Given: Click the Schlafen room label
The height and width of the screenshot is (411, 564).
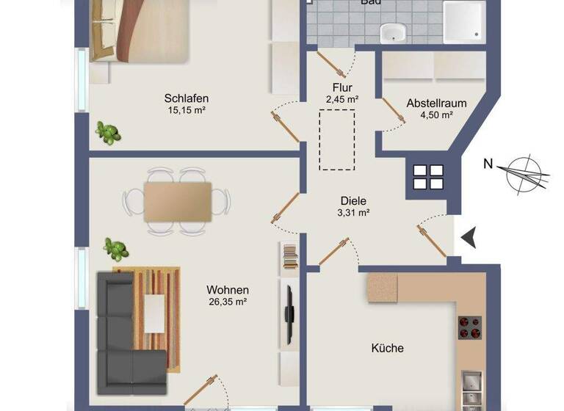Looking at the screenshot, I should pyautogui.click(x=186, y=98).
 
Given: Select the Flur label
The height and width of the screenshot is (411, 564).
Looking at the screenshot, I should pyautogui.click(x=342, y=88).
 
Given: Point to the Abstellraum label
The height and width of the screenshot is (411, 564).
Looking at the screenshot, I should pyautogui.click(x=436, y=103).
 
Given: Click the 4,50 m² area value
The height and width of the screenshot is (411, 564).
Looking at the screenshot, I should pyautogui.click(x=436, y=115).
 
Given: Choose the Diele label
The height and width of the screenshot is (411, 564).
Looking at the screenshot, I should pyautogui.click(x=352, y=201).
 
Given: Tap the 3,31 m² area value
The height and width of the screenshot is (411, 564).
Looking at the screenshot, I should pyautogui.click(x=352, y=214).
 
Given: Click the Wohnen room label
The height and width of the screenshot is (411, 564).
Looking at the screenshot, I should pyautogui.click(x=227, y=290).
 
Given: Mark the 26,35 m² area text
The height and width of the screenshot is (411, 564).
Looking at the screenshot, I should pyautogui.click(x=227, y=302).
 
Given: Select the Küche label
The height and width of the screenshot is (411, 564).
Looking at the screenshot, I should pyautogui.click(x=387, y=349).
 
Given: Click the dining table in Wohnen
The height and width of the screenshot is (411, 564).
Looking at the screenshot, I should pyautogui.click(x=177, y=201).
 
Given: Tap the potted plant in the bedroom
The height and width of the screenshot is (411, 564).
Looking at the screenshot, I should pyautogui.click(x=109, y=133).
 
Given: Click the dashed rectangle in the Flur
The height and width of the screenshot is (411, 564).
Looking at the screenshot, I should pyautogui.click(x=337, y=139).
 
